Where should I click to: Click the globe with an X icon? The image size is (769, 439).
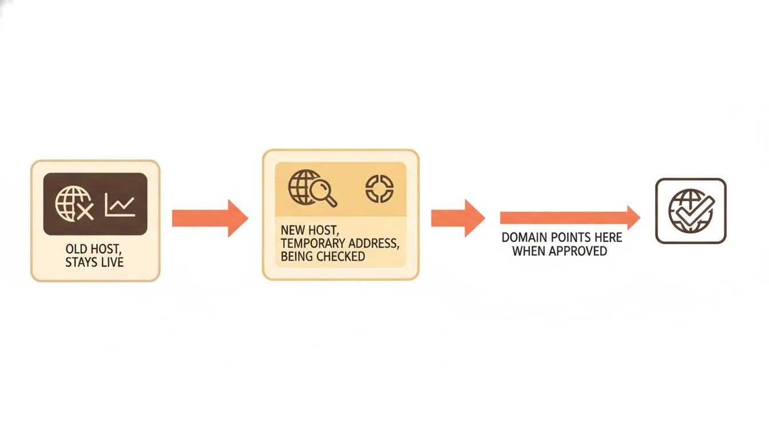(x=74, y=203)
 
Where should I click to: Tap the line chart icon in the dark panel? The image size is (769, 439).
(x=120, y=205)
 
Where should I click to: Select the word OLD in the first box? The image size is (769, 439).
(x=76, y=249)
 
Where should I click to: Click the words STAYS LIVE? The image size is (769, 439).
(x=94, y=262)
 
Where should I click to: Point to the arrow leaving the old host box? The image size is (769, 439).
(x=210, y=218)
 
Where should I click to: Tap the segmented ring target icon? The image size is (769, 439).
(x=379, y=189)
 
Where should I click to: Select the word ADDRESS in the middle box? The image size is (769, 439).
(x=369, y=243)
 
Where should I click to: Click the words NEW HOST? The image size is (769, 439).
(x=310, y=230)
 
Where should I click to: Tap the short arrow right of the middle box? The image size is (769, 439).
(x=458, y=218)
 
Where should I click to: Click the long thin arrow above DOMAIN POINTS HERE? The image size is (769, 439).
(x=570, y=218)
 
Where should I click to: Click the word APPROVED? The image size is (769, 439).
(x=578, y=251)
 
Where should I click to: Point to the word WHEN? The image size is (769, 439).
(x=529, y=251)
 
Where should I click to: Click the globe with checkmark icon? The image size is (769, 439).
(x=691, y=210)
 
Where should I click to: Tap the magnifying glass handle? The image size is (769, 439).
(x=331, y=201)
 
